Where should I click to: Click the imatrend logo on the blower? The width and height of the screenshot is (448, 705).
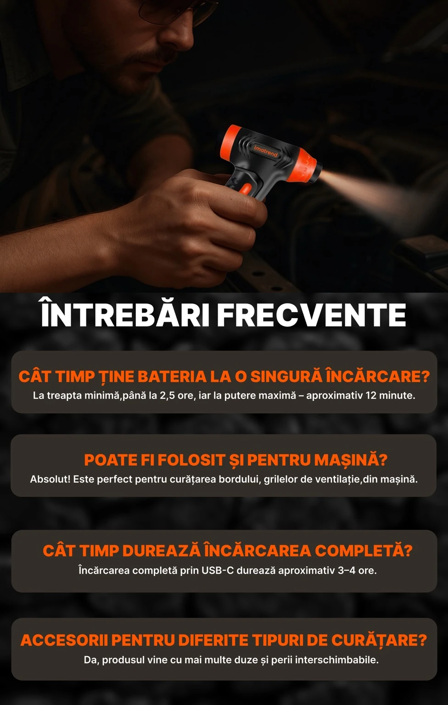coord(266,151)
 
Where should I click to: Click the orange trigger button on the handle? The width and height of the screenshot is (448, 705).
coord(246,189)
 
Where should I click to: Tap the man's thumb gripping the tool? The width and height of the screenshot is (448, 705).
coord(239,209)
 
